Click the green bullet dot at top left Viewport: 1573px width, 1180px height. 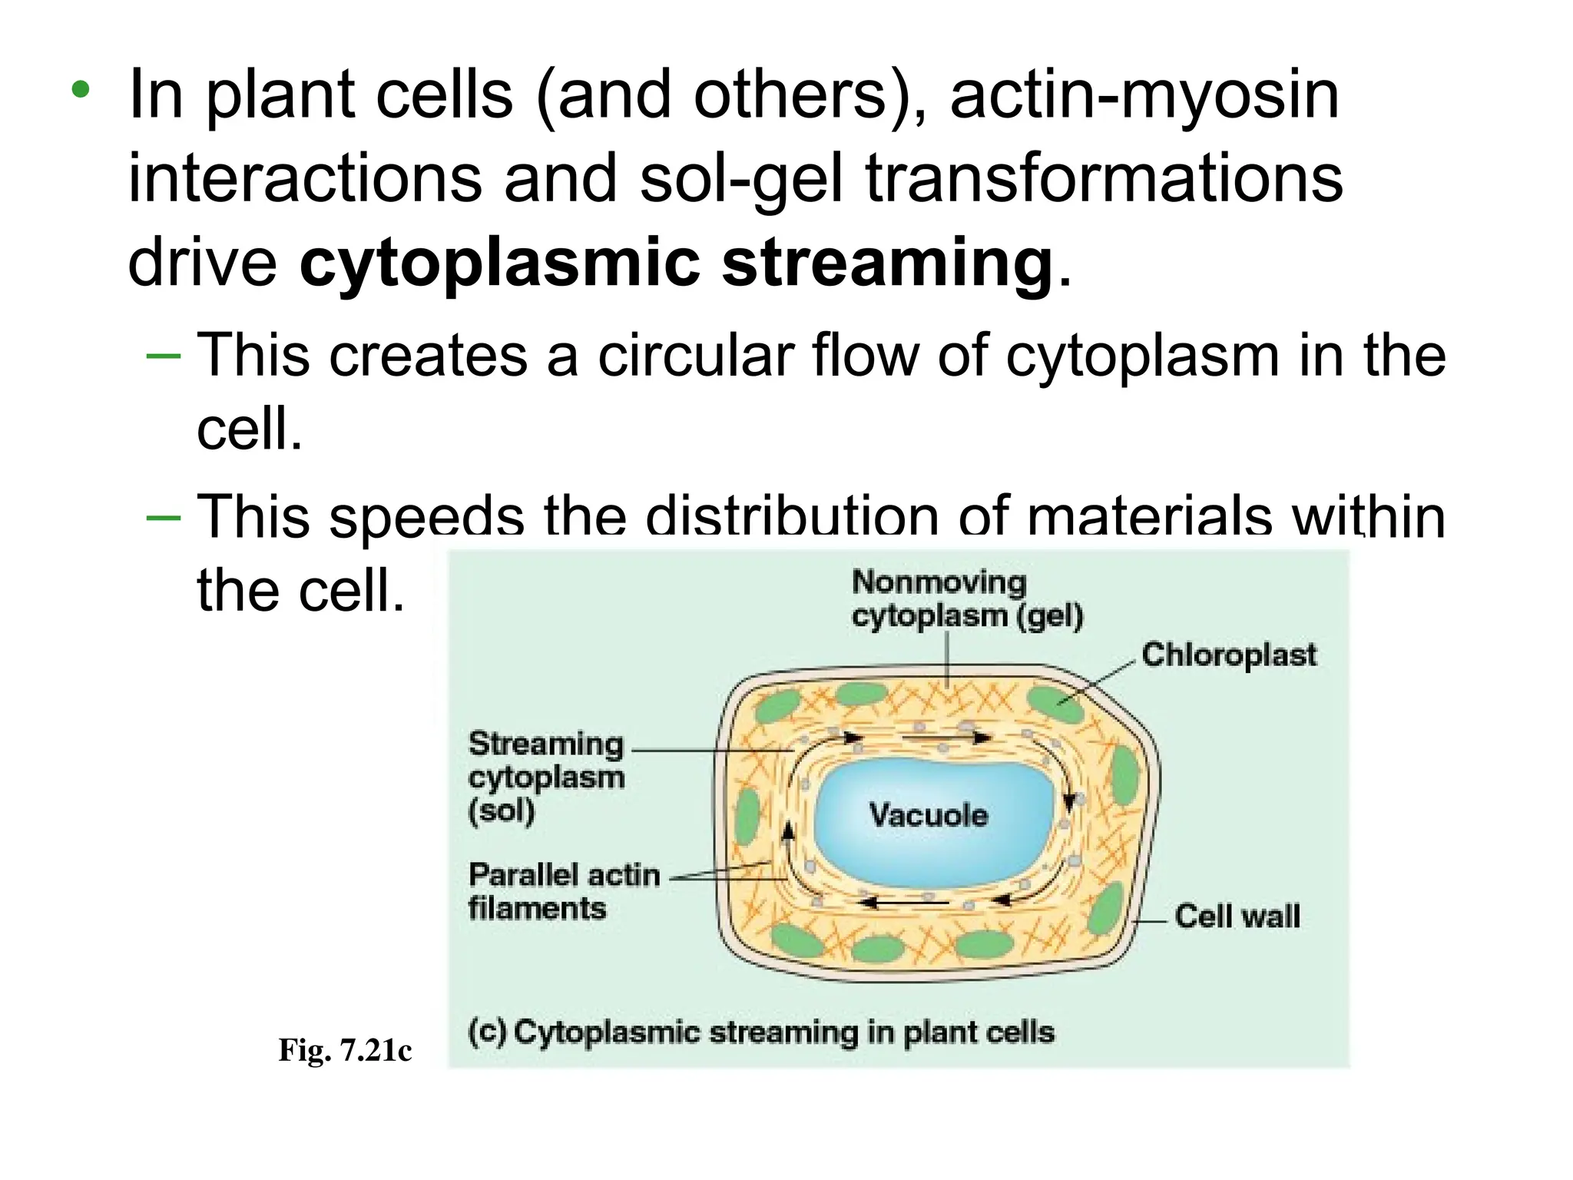point(80,91)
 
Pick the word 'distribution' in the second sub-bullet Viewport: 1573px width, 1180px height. point(791,516)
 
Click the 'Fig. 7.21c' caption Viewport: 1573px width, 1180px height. point(345,1049)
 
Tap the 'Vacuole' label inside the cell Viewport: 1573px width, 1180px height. point(928,814)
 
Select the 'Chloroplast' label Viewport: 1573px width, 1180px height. point(1228,655)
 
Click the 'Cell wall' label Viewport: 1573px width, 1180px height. point(1237,916)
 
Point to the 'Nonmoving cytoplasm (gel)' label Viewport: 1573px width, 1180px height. point(966,599)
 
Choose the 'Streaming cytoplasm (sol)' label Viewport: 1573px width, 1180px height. point(546,777)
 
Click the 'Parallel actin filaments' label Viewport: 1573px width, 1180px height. point(564,891)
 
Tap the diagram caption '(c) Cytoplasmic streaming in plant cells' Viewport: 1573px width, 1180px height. point(760,1032)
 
